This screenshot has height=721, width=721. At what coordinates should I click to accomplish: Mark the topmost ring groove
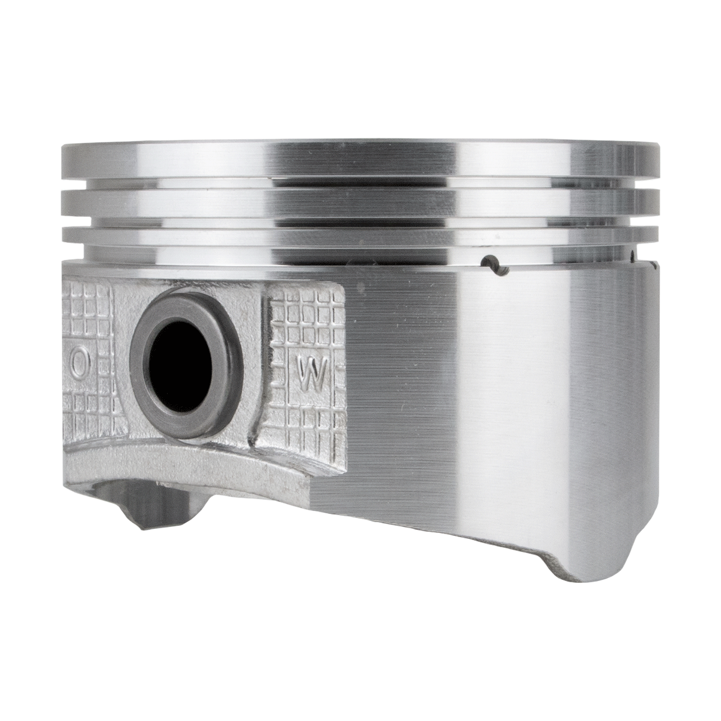(x=359, y=183)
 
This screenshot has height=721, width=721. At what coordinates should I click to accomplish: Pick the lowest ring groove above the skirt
(x=359, y=254)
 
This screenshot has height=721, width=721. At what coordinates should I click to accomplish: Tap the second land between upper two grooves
(x=359, y=202)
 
